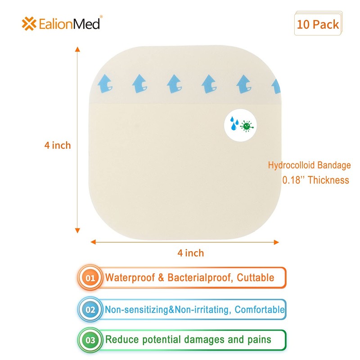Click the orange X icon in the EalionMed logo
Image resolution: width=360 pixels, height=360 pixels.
(29, 24)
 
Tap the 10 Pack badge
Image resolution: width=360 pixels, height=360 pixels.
(318, 23)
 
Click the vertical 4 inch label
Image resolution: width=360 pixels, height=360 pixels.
(58, 145)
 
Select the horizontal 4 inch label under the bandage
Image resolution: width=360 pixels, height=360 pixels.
(190, 253)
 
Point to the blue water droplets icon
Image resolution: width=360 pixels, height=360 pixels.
(234, 123)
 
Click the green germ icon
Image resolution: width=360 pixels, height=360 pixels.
(247, 126)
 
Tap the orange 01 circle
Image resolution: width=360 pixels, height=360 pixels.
(90, 278)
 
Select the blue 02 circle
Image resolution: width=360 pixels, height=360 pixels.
(90, 310)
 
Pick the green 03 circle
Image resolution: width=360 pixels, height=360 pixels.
(90, 340)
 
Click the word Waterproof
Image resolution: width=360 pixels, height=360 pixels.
(130, 278)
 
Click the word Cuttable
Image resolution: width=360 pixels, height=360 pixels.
(255, 278)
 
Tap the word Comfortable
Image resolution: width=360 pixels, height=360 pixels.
(260, 310)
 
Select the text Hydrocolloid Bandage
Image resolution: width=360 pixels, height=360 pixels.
(309, 165)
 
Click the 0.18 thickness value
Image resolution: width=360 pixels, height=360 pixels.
(291, 180)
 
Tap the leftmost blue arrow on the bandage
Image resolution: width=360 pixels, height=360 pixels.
(105, 83)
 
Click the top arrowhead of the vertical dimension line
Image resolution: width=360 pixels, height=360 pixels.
(77, 49)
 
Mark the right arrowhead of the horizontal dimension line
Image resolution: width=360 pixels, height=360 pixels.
(276, 242)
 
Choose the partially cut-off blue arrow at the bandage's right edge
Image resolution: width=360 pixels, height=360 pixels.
(276, 86)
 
